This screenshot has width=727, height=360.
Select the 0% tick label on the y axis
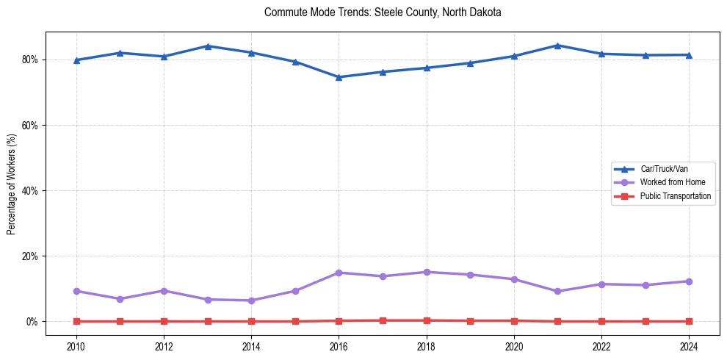coord(33,322)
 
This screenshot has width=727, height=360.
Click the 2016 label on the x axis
coord(339,344)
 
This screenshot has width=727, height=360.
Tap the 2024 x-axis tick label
coord(689,344)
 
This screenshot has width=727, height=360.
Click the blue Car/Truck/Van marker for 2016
coord(339,77)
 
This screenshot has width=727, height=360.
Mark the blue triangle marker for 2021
coord(557,46)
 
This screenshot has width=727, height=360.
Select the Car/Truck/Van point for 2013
coord(208,46)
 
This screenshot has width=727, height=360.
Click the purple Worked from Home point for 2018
coord(427,272)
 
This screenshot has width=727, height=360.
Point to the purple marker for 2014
coord(251,300)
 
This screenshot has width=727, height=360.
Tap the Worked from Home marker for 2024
coord(689,281)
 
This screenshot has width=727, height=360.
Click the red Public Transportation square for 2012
coord(164,321)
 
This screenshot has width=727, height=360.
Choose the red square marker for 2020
coord(514,320)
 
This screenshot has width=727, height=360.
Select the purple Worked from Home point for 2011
coord(120,299)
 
